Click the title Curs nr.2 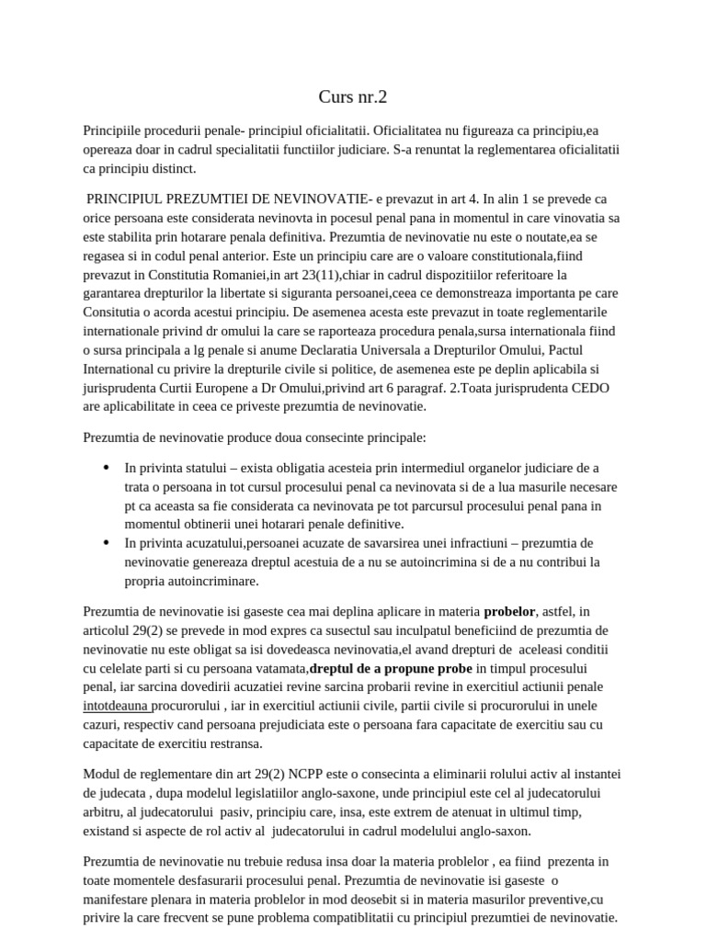pos(353,96)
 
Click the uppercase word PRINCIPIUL pos(126,198)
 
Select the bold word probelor pos(515,610)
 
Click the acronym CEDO pos(581,389)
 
